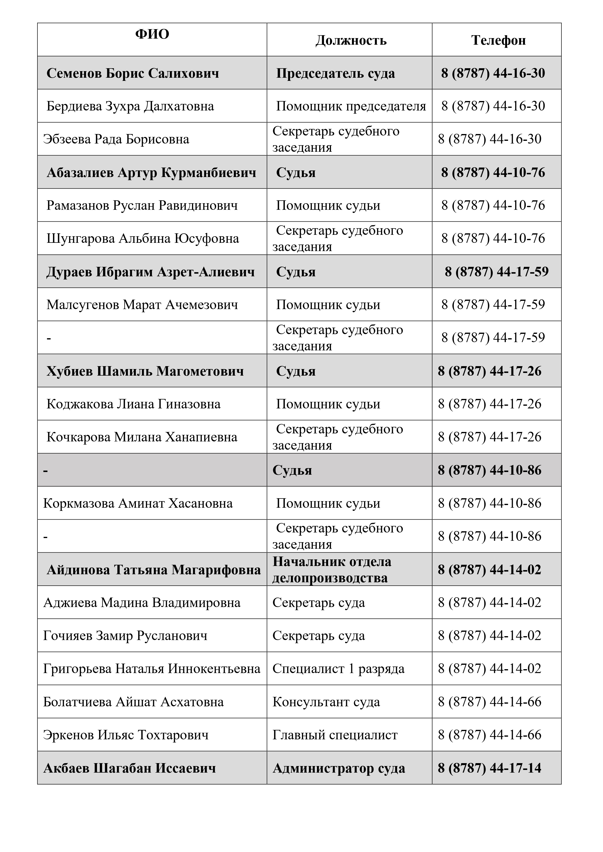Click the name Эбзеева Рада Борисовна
[116, 139]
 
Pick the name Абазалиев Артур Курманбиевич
[151, 173]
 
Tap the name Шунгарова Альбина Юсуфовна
[143, 238]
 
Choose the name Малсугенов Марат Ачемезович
[142, 305]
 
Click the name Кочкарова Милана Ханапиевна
[141, 437]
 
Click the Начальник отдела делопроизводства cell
[332, 570]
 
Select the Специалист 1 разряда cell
[338, 669]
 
